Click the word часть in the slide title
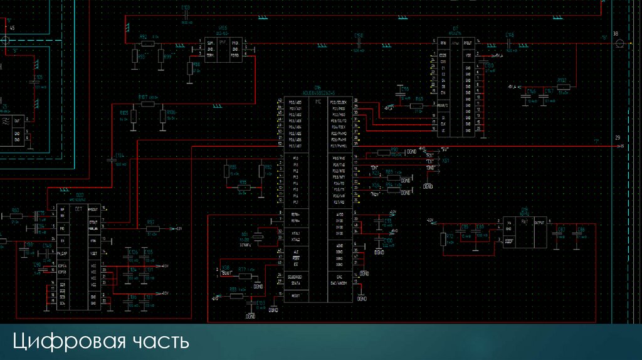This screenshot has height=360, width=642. [x=160, y=342]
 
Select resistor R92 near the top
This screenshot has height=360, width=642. [x=147, y=44]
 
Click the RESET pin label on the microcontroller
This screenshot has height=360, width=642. [x=295, y=295]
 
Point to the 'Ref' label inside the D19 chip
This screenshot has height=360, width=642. [x=526, y=222]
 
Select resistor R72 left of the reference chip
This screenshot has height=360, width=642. [x=443, y=239]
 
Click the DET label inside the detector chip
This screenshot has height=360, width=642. [x=78, y=208]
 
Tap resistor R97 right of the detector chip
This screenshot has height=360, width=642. [x=152, y=228]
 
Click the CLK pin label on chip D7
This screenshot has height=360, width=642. [x=443, y=124]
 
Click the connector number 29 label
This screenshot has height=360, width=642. [x=618, y=138]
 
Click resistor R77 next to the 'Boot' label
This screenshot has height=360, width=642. [x=249, y=275]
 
